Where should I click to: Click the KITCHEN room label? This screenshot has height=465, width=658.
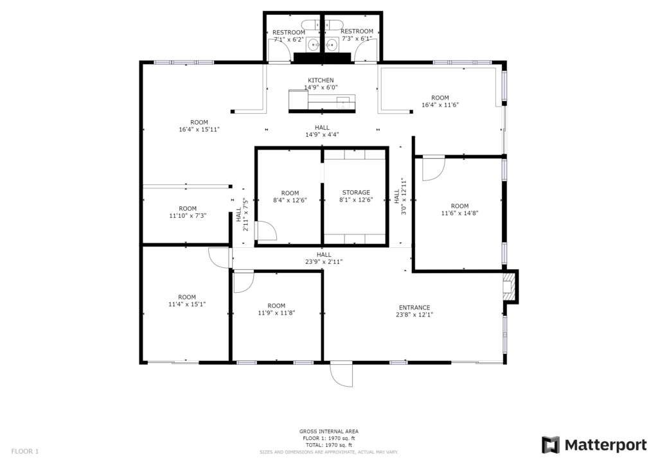(x=321, y=80)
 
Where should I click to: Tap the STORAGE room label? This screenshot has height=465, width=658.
(x=356, y=193)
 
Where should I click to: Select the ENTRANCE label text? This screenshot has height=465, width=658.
(x=414, y=308)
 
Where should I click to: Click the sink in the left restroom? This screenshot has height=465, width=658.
(x=313, y=44)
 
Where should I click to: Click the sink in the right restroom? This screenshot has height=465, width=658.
(x=332, y=44)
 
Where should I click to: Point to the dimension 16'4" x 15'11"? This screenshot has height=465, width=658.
(x=199, y=130)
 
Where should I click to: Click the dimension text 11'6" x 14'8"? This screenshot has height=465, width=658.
(x=460, y=213)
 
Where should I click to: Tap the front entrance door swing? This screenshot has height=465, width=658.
(x=341, y=374)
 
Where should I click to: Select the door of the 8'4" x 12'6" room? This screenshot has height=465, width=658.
(x=267, y=231)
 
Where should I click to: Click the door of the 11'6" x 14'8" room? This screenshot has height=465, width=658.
(x=434, y=168)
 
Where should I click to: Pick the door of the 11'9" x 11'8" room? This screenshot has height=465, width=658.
(x=244, y=282)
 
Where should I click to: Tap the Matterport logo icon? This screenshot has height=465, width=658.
(x=551, y=444)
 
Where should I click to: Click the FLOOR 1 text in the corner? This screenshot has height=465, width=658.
(x=25, y=452)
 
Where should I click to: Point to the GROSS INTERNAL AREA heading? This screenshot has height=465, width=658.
(x=329, y=431)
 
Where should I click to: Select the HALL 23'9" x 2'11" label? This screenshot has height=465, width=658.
(x=324, y=258)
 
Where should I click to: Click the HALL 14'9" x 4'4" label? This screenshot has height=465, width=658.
(x=323, y=131)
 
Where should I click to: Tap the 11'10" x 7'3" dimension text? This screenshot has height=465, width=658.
(x=188, y=216)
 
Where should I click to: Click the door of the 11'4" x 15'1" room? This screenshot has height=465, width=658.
(x=218, y=258)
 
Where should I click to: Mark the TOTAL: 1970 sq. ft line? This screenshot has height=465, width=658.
(x=329, y=445)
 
